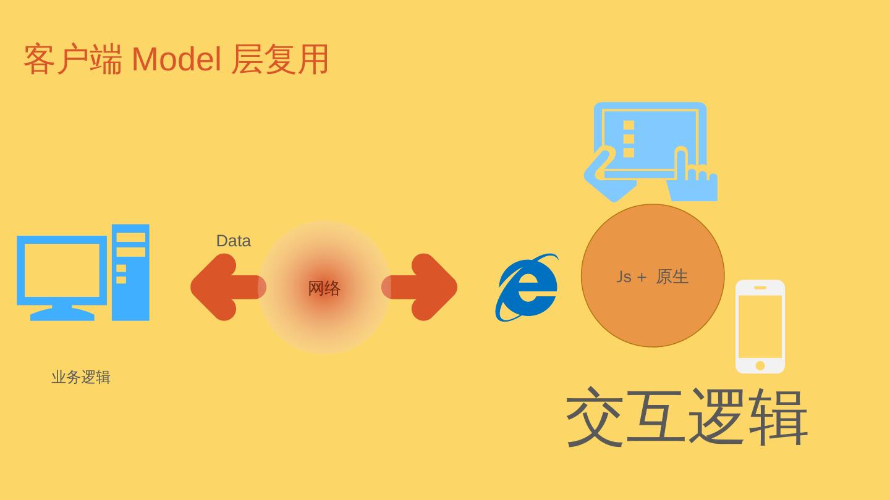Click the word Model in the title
pyautogui.click(x=176, y=60)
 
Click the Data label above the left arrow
pyautogui.click(x=233, y=241)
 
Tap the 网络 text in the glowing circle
pyautogui.click(x=324, y=288)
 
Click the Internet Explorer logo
pyautogui.click(x=527, y=288)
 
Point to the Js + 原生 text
pyautogui.click(x=652, y=277)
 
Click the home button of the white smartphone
pyautogui.click(x=760, y=365)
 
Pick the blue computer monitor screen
pyautogui.click(x=62, y=270)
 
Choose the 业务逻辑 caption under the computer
pyautogui.click(x=81, y=377)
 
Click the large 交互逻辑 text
pyautogui.click(x=686, y=417)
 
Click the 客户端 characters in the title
pyautogui.click(x=72, y=60)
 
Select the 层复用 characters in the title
pyautogui.click(x=280, y=60)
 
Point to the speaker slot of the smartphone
pyautogui.click(x=760, y=288)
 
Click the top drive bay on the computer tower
pyautogui.click(x=130, y=237)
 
